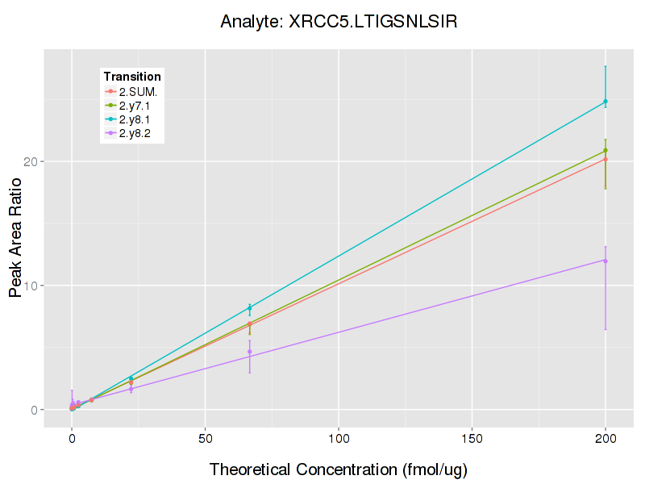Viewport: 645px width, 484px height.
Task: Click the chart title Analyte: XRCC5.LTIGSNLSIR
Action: [339, 22]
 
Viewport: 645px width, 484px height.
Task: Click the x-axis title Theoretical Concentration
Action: [339, 469]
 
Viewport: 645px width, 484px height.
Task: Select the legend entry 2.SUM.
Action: [138, 91]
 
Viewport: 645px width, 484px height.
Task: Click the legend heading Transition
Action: [132, 77]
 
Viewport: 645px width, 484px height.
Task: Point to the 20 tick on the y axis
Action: [31, 161]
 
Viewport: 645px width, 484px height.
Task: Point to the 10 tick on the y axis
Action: [31, 286]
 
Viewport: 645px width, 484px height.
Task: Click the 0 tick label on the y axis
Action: [35, 410]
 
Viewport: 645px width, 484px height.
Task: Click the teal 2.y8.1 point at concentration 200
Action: [605, 102]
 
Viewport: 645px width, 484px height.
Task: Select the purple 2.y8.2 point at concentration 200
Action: [605, 261]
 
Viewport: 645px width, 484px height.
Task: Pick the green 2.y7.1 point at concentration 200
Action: [605, 151]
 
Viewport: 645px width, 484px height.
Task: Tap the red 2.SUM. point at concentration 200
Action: [605, 160]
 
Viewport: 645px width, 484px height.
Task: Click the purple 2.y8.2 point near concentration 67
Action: [250, 352]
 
